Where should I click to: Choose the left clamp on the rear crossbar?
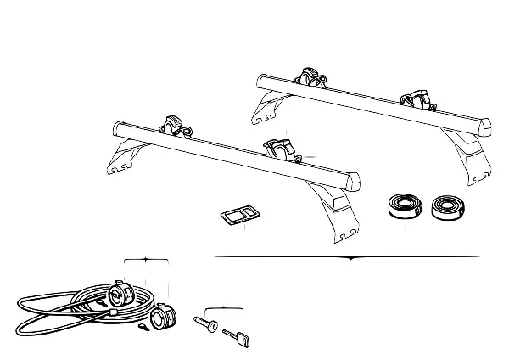tap(310, 78)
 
